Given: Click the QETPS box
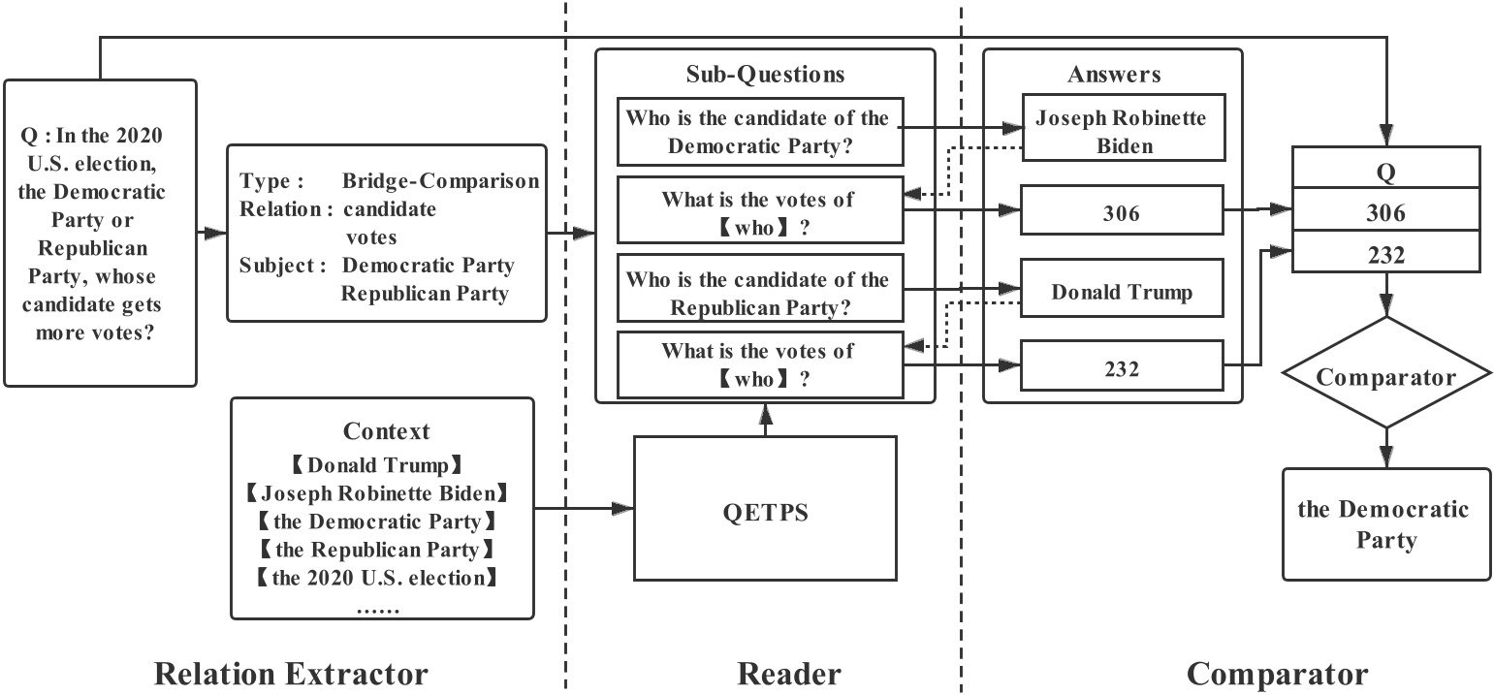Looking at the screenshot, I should pos(765,509).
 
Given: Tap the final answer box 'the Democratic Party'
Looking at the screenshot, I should pos(1385,524).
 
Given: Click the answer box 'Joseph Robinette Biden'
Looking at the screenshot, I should pos(1121,131).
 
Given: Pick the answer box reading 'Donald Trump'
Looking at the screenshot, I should pos(1121,292).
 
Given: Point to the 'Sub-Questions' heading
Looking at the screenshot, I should pos(765,75).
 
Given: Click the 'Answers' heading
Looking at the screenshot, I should pos(1113,75).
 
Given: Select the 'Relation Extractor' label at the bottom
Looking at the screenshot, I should pos(291,673).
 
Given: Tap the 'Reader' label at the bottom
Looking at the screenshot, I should pos(789,673).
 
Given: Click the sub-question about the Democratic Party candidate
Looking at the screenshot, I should pos(757,132).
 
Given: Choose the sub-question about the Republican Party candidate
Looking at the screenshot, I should pos(757,293).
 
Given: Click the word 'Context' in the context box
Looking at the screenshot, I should pos(386,431).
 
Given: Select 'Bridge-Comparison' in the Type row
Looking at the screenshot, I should pos(440,182).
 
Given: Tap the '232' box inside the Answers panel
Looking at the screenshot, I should pos(1121,367).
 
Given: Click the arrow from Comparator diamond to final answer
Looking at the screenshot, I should pos(1385,448).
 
